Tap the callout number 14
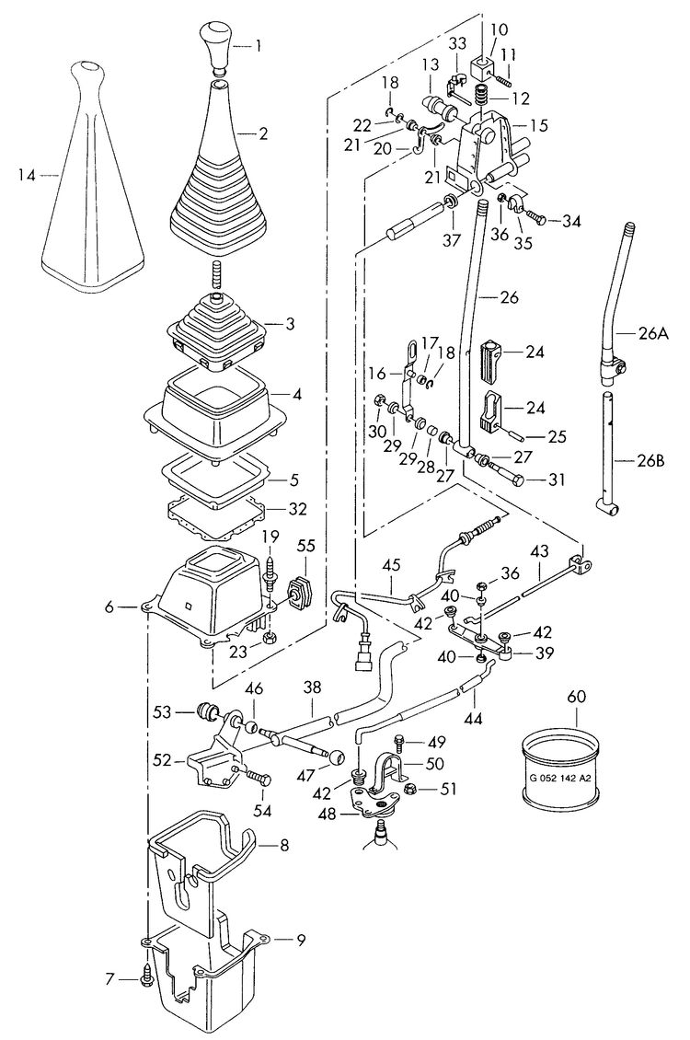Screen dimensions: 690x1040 tap(28, 175)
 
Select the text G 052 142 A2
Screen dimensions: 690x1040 tap(559, 779)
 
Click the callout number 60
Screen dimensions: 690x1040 tap(577, 697)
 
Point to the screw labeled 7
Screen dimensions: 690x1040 tap(146, 977)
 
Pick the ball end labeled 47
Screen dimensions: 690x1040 tap(337, 757)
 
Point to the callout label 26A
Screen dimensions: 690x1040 tap(652, 334)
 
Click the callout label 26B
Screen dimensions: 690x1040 tap(650, 459)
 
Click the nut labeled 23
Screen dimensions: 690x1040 tap(270, 638)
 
